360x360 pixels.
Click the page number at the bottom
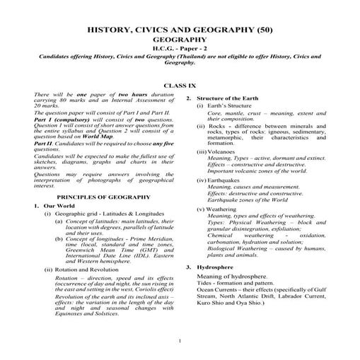(180, 342)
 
